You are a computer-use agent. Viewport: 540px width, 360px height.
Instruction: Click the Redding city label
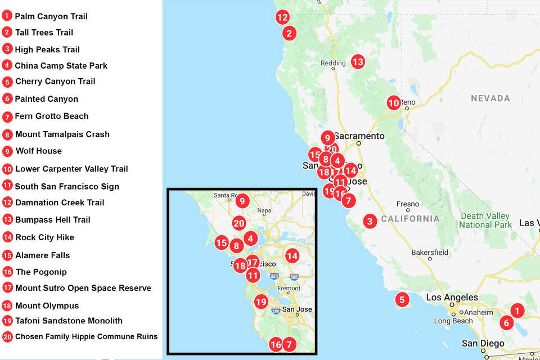tap(332, 64)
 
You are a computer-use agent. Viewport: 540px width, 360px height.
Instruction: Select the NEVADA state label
tap(490, 98)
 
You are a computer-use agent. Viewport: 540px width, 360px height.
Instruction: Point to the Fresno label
tap(407, 204)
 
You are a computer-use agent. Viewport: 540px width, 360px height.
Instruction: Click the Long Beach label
tap(453, 321)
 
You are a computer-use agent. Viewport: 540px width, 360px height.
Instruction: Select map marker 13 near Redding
tap(358, 62)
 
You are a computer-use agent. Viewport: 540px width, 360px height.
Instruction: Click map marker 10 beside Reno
tap(394, 103)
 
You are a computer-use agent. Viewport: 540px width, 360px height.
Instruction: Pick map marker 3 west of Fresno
tap(370, 221)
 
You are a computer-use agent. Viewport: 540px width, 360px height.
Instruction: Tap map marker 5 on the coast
tap(402, 299)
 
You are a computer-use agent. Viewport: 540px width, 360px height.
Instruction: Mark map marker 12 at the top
tap(282, 17)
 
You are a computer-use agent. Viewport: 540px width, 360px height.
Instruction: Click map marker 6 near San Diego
tap(506, 323)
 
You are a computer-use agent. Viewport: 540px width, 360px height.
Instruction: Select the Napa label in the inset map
tap(263, 211)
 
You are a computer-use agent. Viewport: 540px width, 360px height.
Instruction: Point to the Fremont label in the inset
tap(289, 288)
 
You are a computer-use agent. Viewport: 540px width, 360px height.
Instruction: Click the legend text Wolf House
tap(38, 151)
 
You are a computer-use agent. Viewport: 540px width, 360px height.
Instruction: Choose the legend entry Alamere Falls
tap(43, 255)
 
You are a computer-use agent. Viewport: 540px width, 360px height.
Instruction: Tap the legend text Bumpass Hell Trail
tap(52, 219)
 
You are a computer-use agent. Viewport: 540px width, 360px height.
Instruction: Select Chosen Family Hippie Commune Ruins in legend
tap(86, 336)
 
